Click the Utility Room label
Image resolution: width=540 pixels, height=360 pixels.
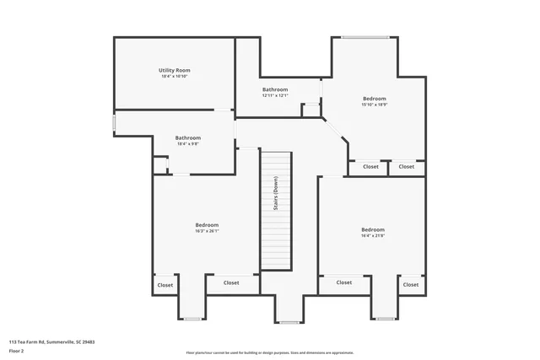[x=174, y=70]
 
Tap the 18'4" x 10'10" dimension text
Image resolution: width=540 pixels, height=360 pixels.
[x=174, y=77]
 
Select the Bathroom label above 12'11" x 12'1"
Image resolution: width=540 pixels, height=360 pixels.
[x=275, y=89]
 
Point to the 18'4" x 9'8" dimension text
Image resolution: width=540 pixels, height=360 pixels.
[x=188, y=144]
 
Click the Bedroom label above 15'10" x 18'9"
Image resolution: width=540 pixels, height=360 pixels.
[x=375, y=99]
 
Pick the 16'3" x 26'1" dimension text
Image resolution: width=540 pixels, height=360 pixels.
[x=207, y=232]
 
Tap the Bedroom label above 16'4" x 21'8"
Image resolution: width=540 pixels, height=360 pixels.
[x=372, y=229]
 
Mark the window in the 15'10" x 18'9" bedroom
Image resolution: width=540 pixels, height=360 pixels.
[x=364, y=36]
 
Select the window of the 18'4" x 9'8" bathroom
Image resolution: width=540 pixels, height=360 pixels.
[x=115, y=123]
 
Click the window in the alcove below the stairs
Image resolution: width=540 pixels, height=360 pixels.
[x=289, y=321]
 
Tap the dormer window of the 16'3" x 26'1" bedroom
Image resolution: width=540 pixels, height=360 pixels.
[x=192, y=319]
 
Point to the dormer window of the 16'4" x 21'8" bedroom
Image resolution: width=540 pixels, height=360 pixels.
[x=386, y=319]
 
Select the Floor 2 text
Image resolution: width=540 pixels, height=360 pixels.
[x=16, y=351]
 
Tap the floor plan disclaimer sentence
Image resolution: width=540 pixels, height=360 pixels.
[x=269, y=352]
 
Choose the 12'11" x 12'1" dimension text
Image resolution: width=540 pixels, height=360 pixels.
[x=275, y=95]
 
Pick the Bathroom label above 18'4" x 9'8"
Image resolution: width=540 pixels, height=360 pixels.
[x=188, y=137]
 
